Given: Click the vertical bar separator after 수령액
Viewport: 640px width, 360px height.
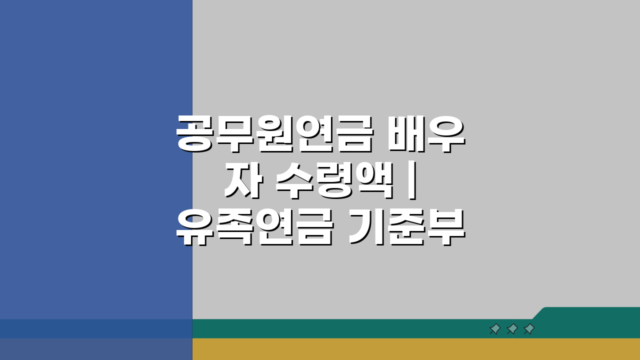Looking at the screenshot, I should (x=411, y=182).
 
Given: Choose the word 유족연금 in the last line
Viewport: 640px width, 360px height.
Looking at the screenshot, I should (x=254, y=228).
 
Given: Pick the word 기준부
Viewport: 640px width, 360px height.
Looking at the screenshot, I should (x=406, y=228).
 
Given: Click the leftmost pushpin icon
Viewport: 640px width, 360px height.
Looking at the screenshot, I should (x=495, y=328).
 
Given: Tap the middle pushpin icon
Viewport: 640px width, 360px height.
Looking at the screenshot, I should (x=512, y=328).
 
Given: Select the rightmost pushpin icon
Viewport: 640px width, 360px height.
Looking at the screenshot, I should (x=529, y=328).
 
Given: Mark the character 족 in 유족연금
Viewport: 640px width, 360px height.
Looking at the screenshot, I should (x=235, y=228).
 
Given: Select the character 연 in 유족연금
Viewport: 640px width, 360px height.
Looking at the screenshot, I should (x=274, y=228).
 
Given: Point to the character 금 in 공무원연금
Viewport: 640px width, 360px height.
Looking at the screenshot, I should (x=353, y=133).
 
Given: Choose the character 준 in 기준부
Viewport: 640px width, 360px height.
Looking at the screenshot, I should (x=406, y=228).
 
